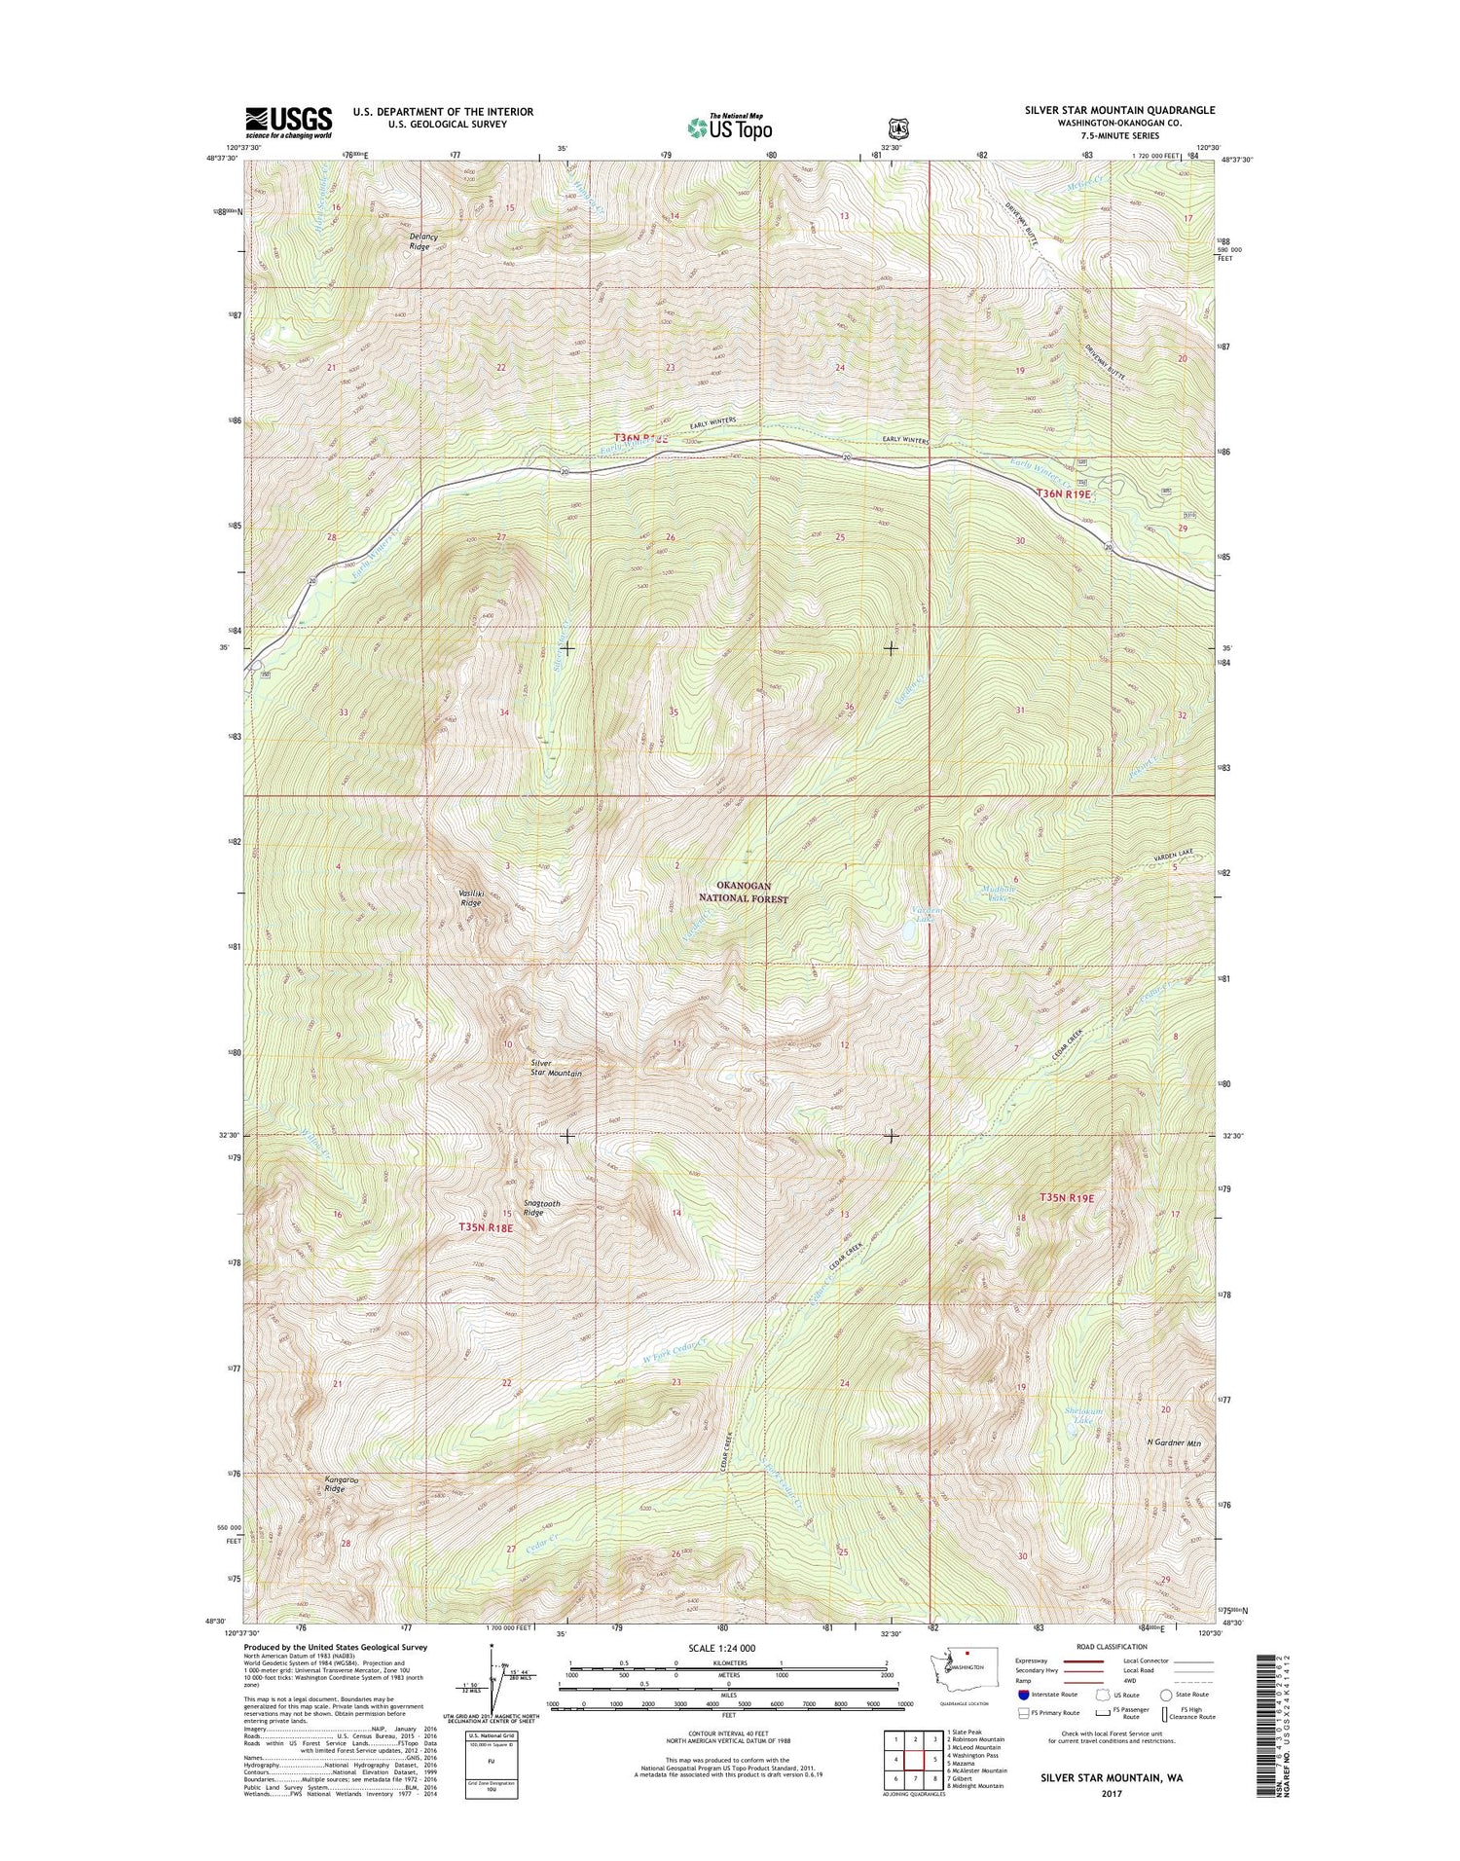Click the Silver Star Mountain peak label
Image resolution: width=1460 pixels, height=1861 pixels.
[x=557, y=1068]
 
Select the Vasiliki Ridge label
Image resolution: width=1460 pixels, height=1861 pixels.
[x=470, y=897]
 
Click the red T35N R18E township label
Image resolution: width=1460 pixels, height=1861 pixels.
[x=485, y=1228]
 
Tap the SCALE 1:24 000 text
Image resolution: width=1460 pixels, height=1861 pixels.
[x=714, y=1648]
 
